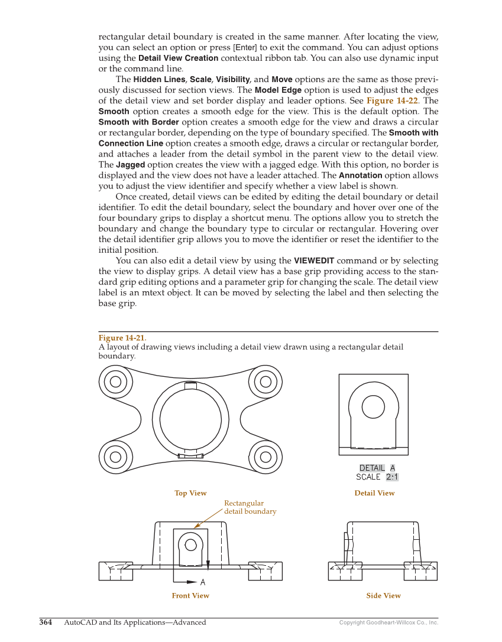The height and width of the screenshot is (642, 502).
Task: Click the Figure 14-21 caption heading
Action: coord(122,338)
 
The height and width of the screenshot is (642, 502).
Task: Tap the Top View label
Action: coord(190,493)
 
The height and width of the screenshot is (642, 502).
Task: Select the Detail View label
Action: coord(374,493)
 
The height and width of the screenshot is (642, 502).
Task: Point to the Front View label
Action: coord(190,596)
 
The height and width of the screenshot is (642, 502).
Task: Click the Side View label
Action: coord(383,596)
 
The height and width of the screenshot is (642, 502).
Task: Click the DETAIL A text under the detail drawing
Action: coord(377,468)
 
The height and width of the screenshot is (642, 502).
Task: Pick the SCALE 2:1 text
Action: coord(377,477)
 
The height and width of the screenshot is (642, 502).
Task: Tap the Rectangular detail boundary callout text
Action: coord(250,507)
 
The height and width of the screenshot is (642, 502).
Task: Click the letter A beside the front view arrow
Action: coord(203,582)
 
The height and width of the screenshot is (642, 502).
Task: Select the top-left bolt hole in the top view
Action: coord(116,382)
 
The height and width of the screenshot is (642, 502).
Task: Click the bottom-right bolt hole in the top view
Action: coord(265,457)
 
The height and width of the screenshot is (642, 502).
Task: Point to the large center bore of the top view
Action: coord(190,419)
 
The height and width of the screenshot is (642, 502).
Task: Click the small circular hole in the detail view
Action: coord(373,406)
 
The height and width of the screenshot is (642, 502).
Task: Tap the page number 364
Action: coord(46,623)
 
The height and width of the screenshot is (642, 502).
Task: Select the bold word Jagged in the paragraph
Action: coord(130,165)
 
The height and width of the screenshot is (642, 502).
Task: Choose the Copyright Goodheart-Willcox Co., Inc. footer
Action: coord(388,623)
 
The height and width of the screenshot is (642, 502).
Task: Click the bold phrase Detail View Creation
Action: coord(178,58)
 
